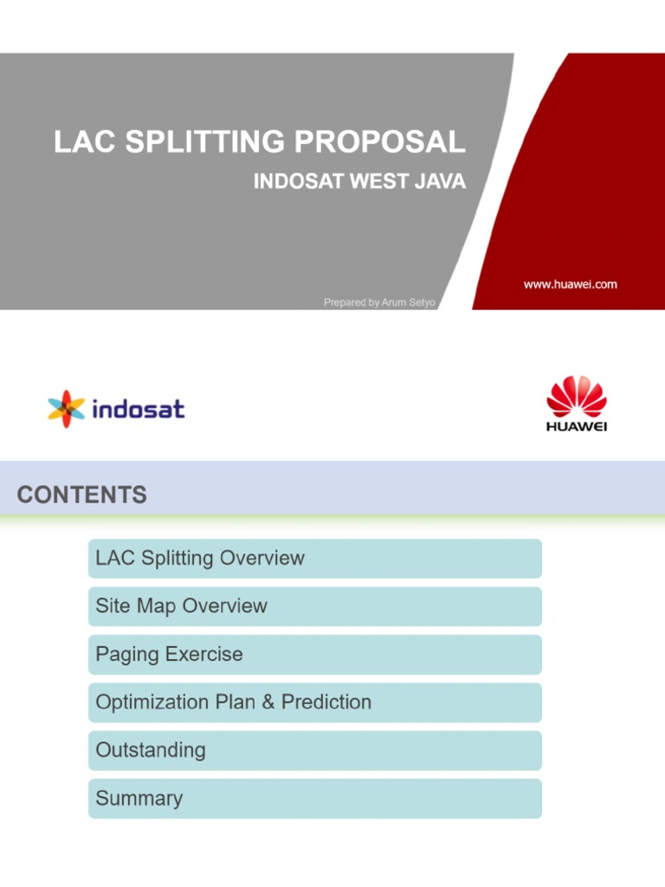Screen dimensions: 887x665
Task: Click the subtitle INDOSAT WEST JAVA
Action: coord(359,182)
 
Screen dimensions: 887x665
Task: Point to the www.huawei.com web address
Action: coord(571,284)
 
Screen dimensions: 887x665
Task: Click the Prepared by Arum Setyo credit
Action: coord(378,302)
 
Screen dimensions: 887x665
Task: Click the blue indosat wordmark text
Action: coord(139,409)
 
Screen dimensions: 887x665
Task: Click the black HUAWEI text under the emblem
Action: coord(577,428)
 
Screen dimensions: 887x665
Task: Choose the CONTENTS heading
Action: coord(81,495)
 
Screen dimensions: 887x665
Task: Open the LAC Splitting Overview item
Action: coord(200,559)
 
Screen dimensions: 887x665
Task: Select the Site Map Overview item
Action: coord(181,606)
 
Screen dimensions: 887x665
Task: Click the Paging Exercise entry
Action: coord(169,654)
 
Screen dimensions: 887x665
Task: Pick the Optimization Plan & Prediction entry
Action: coord(233,702)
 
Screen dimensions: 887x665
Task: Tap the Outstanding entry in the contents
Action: coord(151,750)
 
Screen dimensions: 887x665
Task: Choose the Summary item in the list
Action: coord(139,798)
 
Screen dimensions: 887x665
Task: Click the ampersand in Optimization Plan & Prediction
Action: coord(268,702)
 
